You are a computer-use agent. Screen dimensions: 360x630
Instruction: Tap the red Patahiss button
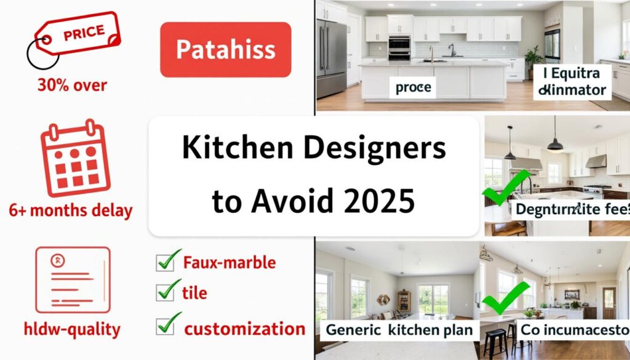coord(225,50)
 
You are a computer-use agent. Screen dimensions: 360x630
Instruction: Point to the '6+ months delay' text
coord(70,210)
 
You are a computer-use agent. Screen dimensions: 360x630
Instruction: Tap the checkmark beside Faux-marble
coord(168,260)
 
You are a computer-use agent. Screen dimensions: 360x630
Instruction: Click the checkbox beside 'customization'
coord(168,324)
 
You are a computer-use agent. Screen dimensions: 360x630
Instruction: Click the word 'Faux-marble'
coord(229,263)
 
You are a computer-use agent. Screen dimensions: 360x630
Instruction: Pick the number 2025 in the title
coord(380,201)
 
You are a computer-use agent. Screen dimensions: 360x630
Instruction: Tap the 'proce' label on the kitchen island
coord(413,88)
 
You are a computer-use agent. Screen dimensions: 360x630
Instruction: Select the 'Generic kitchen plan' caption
coord(399,330)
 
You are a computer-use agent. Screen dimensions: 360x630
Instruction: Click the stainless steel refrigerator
coord(332,58)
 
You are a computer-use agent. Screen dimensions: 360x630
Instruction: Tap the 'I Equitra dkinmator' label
coord(572,82)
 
